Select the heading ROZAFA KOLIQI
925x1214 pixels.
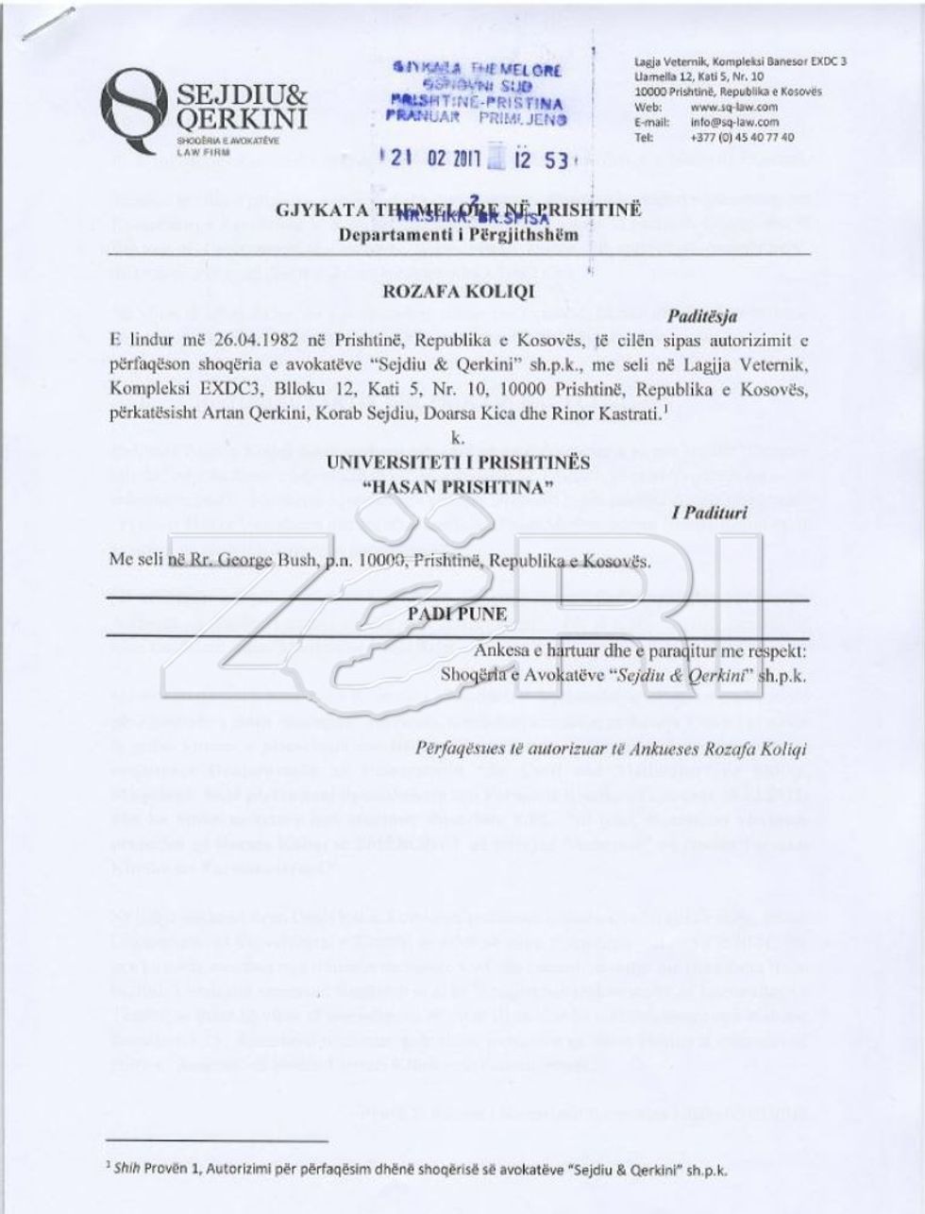458,291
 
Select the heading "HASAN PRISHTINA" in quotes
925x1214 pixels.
458,486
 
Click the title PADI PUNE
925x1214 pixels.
458,615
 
